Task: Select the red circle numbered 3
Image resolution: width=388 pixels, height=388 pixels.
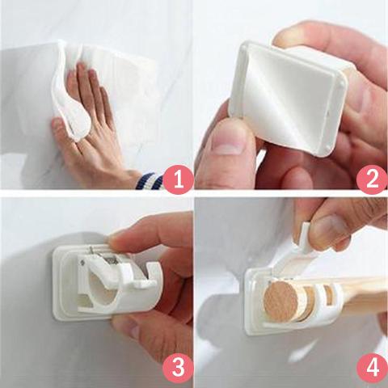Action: tap(179, 368)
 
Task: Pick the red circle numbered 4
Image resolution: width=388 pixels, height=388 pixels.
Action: tap(371, 368)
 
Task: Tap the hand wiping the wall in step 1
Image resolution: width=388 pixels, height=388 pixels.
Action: tap(89, 129)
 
